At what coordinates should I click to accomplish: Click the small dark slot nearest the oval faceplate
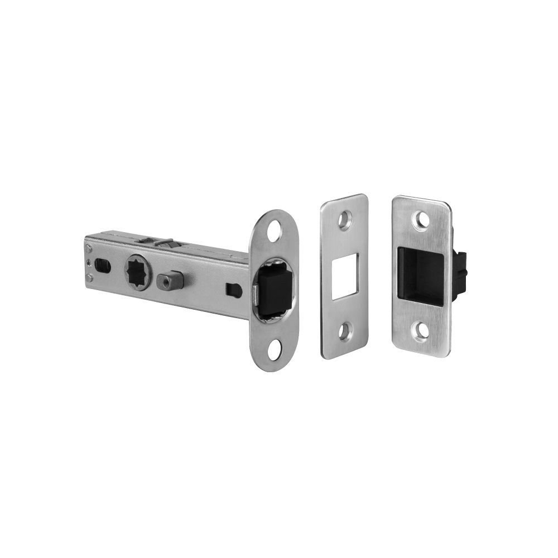point(233,289)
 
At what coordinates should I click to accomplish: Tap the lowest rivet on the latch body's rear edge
point(89,277)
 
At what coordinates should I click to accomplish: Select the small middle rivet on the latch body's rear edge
point(88,261)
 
